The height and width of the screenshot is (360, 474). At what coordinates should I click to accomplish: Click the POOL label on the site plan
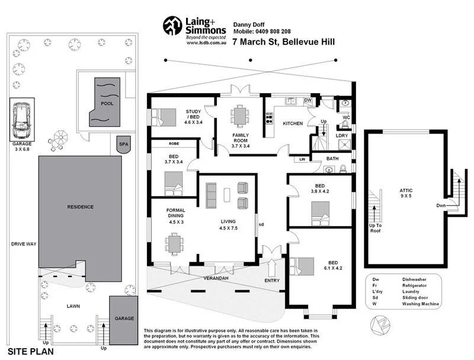pyautogui.click(x=107, y=103)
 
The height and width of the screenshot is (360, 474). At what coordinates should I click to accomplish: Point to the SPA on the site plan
pyautogui.click(x=124, y=144)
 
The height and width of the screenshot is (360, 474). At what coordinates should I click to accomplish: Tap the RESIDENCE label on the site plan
pyautogui.click(x=80, y=206)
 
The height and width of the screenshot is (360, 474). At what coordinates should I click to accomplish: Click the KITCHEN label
pyautogui.click(x=293, y=123)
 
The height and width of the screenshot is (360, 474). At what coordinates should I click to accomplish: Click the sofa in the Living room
pyautogui.click(x=212, y=195)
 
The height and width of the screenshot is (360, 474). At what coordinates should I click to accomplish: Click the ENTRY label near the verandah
pyautogui.click(x=273, y=281)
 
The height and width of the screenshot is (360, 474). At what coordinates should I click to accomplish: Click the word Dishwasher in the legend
pyautogui.click(x=414, y=278)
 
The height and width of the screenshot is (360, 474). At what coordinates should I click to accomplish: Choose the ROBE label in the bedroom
pyautogui.click(x=174, y=144)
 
